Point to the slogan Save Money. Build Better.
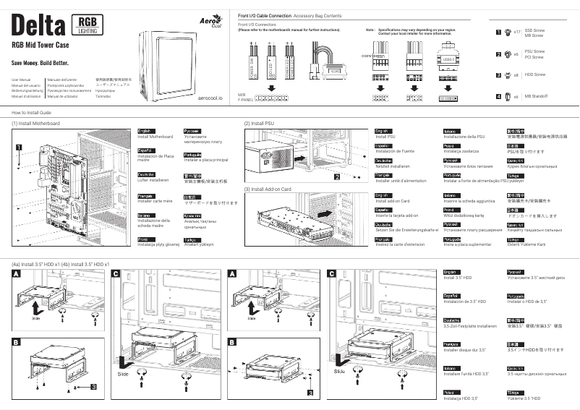coord(41,64)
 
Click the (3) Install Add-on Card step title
coord(268,189)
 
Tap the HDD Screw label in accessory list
coord(535,74)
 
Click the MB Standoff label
coord(536,95)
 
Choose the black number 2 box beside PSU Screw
coord(498,54)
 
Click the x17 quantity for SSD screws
coord(517,32)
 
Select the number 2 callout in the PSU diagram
coord(336,176)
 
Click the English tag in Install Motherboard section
coord(145,130)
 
